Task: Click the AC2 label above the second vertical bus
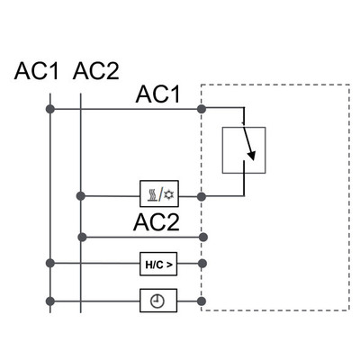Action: click(x=95, y=71)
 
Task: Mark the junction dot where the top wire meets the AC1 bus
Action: click(x=50, y=109)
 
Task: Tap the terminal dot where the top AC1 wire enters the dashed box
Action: click(x=202, y=109)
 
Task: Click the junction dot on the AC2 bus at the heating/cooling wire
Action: click(x=82, y=194)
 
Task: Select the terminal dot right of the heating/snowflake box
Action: click(x=202, y=194)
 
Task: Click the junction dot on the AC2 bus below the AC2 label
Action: click(x=82, y=237)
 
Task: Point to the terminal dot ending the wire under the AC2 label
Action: click(x=202, y=237)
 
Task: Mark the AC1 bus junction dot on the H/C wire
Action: click(x=50, y=265)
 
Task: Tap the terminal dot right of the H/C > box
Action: click(x=202, y=265)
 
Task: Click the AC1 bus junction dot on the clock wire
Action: click(x=50, y=301)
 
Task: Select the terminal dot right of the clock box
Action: click(x=202, y=301)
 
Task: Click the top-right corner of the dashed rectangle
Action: click(x=348, y=85)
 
